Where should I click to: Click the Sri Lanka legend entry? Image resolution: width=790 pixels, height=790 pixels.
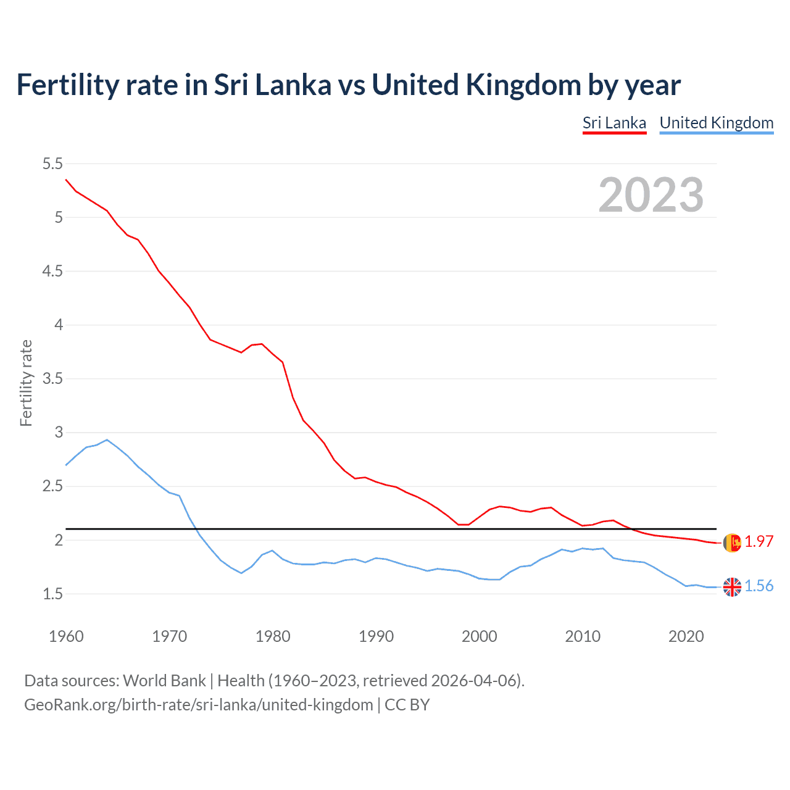click(614, 123)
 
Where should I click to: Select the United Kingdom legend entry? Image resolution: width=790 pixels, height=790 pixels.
click(716, 123)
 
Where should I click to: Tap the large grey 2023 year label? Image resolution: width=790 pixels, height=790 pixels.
click(651, 195)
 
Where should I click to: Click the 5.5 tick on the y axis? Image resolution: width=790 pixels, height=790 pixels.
click(52, 164)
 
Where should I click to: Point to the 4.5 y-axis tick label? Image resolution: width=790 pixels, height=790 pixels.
click(52, 271)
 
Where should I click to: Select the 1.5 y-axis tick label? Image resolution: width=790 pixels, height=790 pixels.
click(52, 594)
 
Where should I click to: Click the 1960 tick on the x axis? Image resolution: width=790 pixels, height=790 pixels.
click(66, 636)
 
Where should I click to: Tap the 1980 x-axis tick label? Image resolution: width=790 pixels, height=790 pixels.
click(273, 636)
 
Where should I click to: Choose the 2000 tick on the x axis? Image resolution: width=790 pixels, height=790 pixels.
click(480, 636)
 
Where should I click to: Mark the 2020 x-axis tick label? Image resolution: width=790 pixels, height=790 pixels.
click(686, 636)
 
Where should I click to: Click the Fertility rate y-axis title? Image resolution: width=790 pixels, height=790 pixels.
click(26, 383)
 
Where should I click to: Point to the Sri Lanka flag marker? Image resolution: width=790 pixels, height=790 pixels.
click(732, 543)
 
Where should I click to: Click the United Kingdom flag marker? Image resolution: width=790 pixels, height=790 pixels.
click(732, 587)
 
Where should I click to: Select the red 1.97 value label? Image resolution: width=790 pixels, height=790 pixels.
click(759, 541)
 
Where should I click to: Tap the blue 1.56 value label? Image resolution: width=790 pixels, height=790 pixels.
click(759, 586)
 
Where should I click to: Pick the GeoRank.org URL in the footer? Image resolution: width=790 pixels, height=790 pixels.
click(199, 704)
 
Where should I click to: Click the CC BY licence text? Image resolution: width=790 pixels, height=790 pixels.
click(407, 704)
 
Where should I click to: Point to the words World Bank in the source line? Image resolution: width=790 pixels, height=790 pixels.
click(164, 680)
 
